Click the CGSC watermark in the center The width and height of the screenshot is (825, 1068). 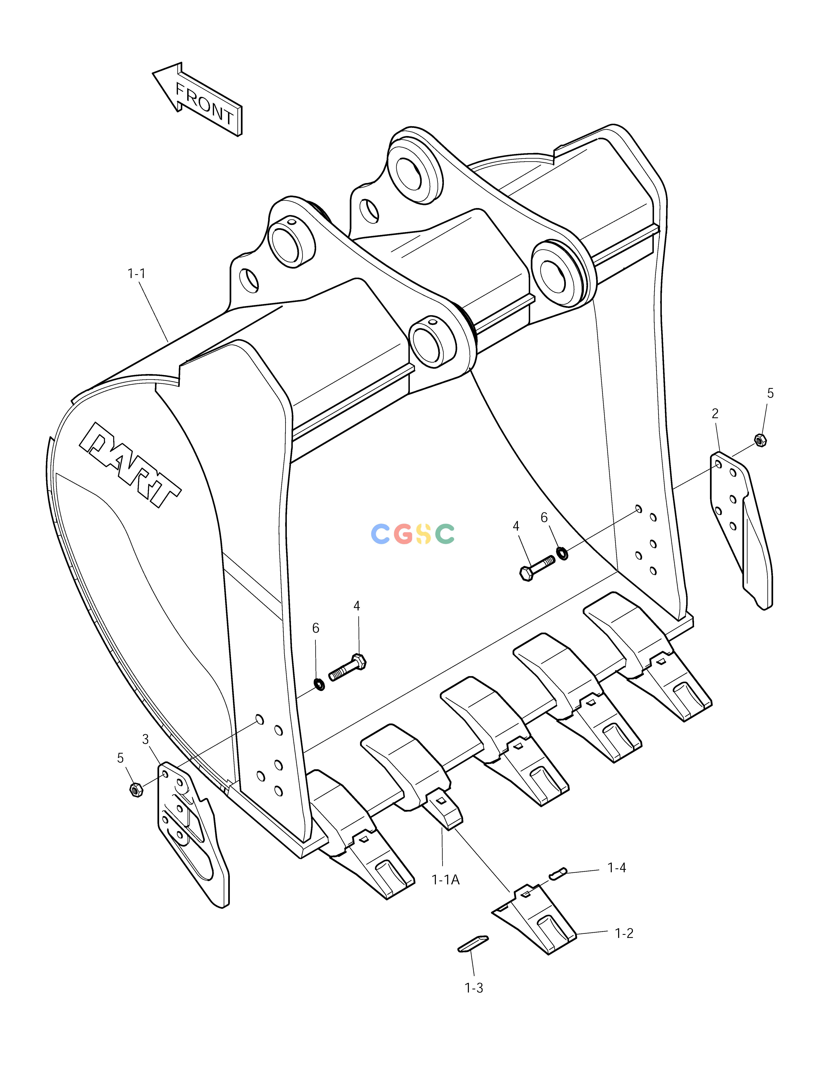point(412,534)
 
